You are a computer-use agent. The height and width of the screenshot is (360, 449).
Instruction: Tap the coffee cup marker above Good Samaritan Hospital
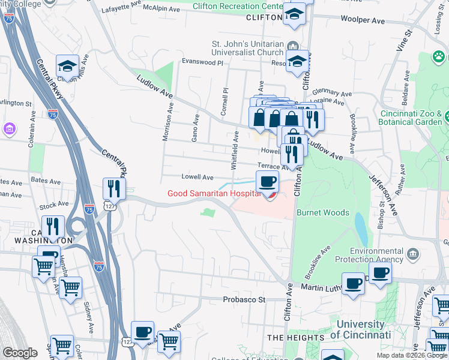[267, 181]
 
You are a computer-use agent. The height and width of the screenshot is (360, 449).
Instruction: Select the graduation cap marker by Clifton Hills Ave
[68, 65]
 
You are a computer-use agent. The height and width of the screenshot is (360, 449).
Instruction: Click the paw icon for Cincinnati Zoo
[439, 58]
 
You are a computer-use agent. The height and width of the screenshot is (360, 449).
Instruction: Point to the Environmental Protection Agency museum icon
[412, 254]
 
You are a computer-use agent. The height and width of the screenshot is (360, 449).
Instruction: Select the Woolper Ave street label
[363, 20]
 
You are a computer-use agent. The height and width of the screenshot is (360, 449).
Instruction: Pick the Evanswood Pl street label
[203, 62]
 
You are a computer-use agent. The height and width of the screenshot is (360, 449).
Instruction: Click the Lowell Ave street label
[197, 178]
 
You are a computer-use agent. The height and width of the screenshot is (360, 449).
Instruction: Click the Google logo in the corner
[20, 353]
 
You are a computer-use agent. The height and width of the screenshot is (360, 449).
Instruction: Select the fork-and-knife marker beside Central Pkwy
[113, 189]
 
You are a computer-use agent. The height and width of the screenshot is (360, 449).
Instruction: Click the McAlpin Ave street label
[161, 10]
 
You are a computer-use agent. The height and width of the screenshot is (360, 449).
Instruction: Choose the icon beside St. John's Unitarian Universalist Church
[292, 46]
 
